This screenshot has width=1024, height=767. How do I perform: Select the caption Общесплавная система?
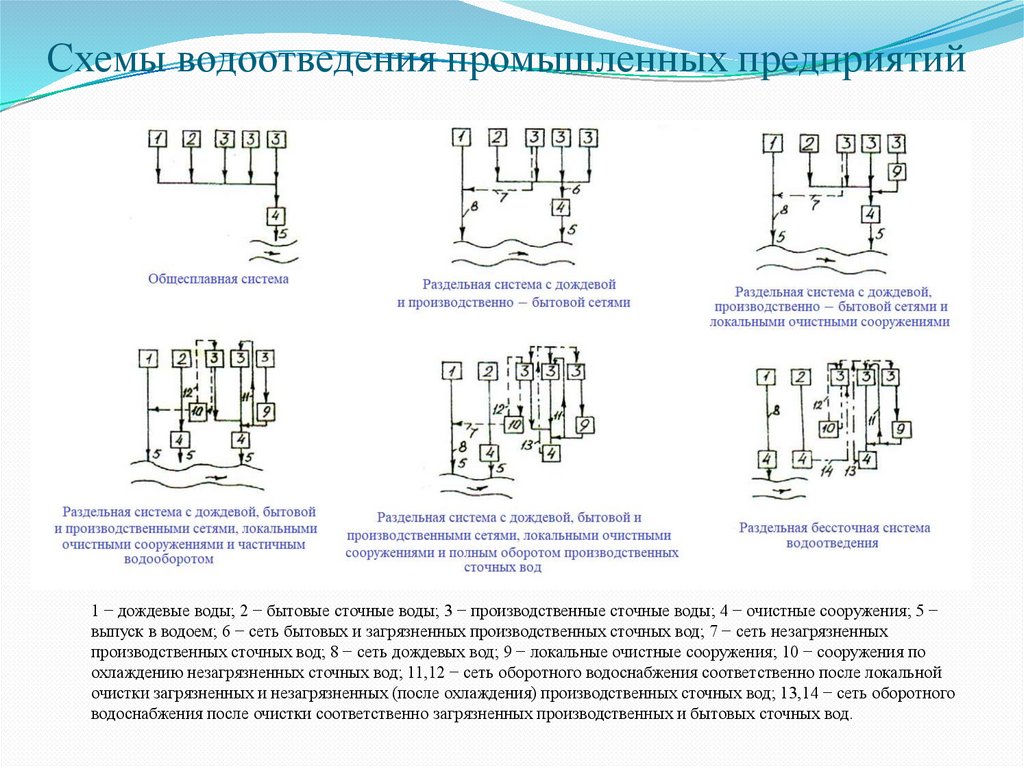pos(218,279)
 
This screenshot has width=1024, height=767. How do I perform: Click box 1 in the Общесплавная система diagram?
pos(158,140)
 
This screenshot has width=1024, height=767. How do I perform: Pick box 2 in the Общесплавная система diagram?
pos(192,140)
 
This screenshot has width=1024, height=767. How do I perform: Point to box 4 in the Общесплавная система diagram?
pos(277,215)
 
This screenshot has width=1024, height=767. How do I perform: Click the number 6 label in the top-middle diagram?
pos(576,187)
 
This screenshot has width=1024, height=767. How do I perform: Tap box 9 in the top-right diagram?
pos(897,173)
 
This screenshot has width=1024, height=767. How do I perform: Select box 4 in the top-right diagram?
pos(872,214)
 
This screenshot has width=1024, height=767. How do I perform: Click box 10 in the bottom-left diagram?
pos(196,410)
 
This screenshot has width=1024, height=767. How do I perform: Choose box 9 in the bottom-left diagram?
pos(265,411)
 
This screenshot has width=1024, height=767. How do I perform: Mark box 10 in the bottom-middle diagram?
pos(514,424)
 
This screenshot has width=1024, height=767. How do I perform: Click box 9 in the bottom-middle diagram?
pos(585,425)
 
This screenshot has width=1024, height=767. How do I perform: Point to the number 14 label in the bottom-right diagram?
pos(827,470)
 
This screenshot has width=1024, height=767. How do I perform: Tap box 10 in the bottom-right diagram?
pos(829,428)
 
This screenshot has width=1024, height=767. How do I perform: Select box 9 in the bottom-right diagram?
pos(900,429)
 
